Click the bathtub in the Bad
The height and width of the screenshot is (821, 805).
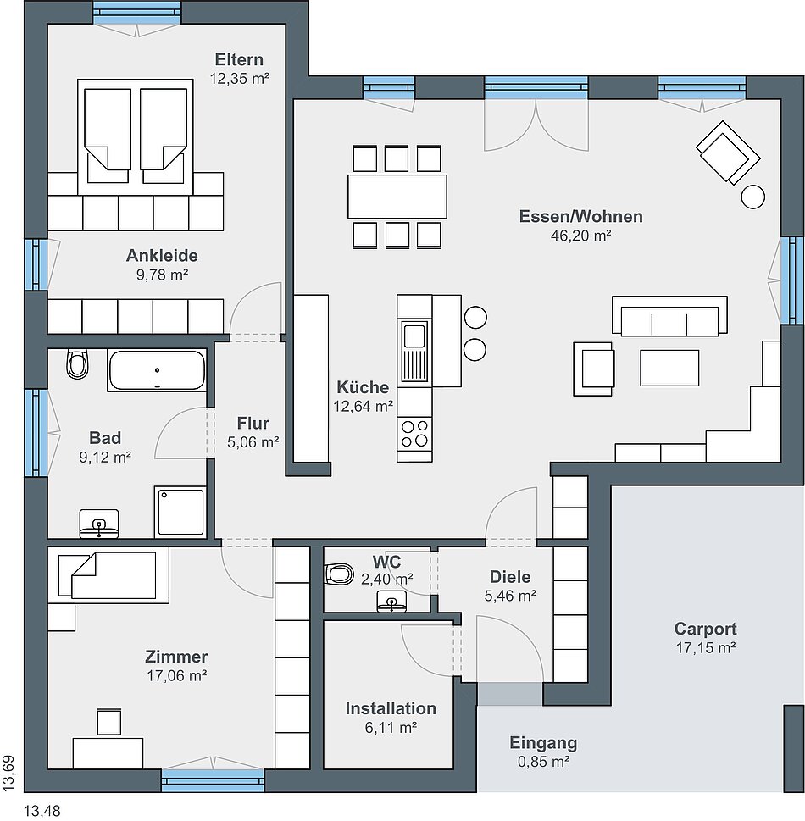[x=157, y=370]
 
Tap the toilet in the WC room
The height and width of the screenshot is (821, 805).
[x=339, y=574]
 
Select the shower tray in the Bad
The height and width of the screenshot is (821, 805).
[x=180, y=512]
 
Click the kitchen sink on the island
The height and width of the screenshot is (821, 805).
[x=414, y=351]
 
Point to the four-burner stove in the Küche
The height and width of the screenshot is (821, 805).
[x=414, y=433]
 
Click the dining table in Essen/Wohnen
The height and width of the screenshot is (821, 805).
[x=397, y=197]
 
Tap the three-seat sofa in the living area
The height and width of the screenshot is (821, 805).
[x=670, y=316]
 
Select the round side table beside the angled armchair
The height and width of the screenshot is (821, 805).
[x=753, y=197]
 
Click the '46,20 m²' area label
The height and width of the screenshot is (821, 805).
[x=580, y=236]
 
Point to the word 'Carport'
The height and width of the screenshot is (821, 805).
[x=705, y=629]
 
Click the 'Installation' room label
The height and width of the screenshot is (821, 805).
[x=391, y=708]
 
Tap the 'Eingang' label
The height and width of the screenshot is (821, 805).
[x=543, y=742]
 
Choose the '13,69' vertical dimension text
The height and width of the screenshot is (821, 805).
[x=9, y=773]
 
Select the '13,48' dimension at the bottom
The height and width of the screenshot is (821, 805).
[x=42, y=812]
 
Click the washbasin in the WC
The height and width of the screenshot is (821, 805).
[x=391, y=602]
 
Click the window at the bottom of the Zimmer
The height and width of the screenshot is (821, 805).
[x=213, y=780]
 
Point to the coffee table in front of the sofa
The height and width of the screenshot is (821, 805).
[x=669, y=368]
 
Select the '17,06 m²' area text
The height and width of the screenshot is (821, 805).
[x=176, y=675]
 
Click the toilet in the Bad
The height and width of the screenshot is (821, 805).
[x=77, y=363]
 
